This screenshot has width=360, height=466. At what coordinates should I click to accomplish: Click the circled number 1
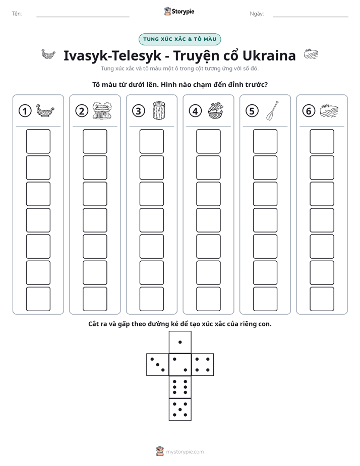[x=25, y=111]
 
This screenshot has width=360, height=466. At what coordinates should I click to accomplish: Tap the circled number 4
[x=195, y=111]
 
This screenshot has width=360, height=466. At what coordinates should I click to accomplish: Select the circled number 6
[x=309, y=111]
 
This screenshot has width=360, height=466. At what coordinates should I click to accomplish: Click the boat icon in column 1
[x=45, y=110]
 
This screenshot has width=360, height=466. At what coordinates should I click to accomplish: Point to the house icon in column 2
[x=102, y=110]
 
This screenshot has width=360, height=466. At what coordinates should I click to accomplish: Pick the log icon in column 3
[x=159, y=110]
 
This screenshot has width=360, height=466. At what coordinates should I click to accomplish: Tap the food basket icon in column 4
[x=215, y=110]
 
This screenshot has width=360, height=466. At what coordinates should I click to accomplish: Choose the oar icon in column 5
[x=272, y=110]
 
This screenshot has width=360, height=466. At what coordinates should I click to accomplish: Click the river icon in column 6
[x=329, y=110]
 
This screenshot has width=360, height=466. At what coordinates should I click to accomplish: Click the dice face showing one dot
[x=180, y=342]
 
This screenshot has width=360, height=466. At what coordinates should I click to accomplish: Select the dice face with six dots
[x=180, y=387]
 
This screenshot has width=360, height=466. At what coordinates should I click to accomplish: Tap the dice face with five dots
[x=180, y=409]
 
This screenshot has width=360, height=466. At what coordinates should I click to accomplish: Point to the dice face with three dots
[x=158, y=364]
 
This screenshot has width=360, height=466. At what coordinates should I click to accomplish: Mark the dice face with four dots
[x=203, y=364]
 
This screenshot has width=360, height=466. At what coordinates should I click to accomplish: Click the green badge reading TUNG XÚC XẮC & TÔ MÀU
[x=179, y=39]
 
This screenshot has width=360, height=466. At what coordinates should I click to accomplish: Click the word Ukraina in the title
[x=269, y=55]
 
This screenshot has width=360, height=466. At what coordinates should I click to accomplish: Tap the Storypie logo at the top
[x=179, y=11]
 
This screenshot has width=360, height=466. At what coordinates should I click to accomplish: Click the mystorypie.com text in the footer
[x=185, y=452]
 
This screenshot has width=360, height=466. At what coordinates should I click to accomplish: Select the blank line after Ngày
[x=311, y=17]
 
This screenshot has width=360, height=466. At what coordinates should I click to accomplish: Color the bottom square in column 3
[x=151, y=299]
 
